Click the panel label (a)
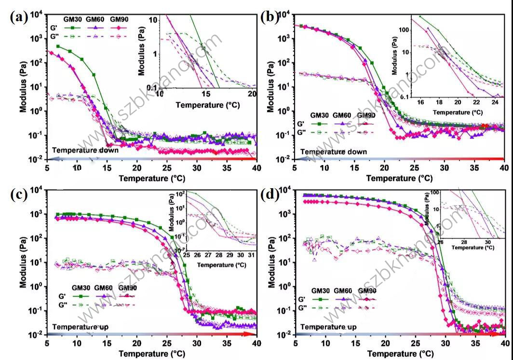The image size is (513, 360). pos(19,18)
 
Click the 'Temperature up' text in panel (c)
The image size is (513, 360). pos(80,327)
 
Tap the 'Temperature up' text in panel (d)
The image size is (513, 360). pos(328,327)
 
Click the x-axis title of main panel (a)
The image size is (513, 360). pos(151,178)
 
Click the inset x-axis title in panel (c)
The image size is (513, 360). pos(217,265)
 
